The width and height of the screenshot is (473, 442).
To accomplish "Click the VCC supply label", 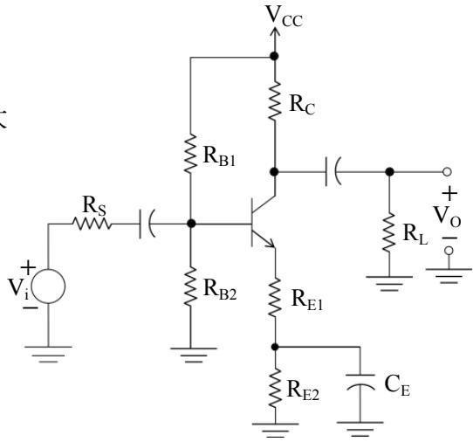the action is tap(284, 17).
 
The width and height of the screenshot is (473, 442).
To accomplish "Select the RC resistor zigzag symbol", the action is tap(275, 101).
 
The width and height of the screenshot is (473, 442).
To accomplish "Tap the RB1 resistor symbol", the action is tap(190, 154).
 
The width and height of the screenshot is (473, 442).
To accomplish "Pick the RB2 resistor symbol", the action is tap(190, 287).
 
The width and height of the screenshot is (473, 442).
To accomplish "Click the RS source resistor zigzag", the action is tap(92, 224).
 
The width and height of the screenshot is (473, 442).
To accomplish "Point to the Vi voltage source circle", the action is tap(48, 287).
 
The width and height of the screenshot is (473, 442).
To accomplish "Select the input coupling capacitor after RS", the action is tap(147, 224).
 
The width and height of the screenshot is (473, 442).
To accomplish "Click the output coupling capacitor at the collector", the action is tap(333, 172).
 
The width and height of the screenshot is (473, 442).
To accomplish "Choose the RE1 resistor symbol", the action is tap(275, 298).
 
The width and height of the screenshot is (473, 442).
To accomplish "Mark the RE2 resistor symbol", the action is tap(275, 388).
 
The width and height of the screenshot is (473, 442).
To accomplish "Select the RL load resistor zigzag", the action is tap(389, 231).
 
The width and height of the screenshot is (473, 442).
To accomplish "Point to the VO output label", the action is tap(447, 216).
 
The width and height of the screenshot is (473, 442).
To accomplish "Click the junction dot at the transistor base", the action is tap(191, 224).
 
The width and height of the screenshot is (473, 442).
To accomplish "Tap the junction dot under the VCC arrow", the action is tap(274, 56).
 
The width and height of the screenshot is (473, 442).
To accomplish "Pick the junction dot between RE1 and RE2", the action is tap(275, 347).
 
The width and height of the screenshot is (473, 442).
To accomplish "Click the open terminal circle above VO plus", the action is tap(448, 172).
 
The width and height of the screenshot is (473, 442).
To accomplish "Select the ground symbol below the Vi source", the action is tap(48, 354).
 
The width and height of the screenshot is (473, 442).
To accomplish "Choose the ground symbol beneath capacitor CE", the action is tap(360, 429).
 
